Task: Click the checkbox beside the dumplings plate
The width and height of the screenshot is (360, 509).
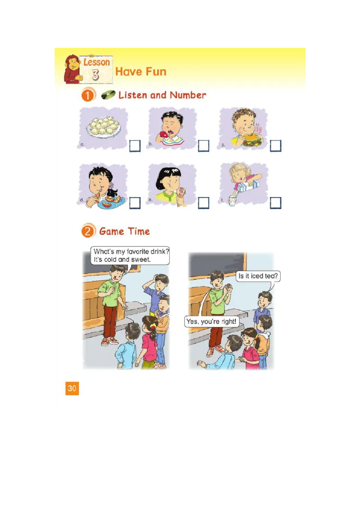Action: click(x=135, y=146)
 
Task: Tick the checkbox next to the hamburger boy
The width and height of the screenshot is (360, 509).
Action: click(x=275, y=146)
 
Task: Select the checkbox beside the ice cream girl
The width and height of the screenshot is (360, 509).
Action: click(x=203, y=203)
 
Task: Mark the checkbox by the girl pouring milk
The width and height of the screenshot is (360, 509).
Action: click(x=275, y=203)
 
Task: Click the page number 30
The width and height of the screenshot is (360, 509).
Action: click(x=72, y=388)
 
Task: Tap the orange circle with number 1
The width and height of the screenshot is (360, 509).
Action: click(x=89, y=95)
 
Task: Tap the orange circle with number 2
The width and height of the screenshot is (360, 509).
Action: click(x=88, y=232)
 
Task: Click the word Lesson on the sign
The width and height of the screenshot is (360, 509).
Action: click(x=96, y=62)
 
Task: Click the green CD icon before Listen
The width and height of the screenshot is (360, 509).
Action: click(x=108, y=95)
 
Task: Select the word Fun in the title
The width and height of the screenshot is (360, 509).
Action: click(x=155, y=71)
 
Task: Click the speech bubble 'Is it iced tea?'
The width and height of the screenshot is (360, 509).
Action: click(x=258, y=276)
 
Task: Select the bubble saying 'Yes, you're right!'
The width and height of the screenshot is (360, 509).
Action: click(x=211, y=321)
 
